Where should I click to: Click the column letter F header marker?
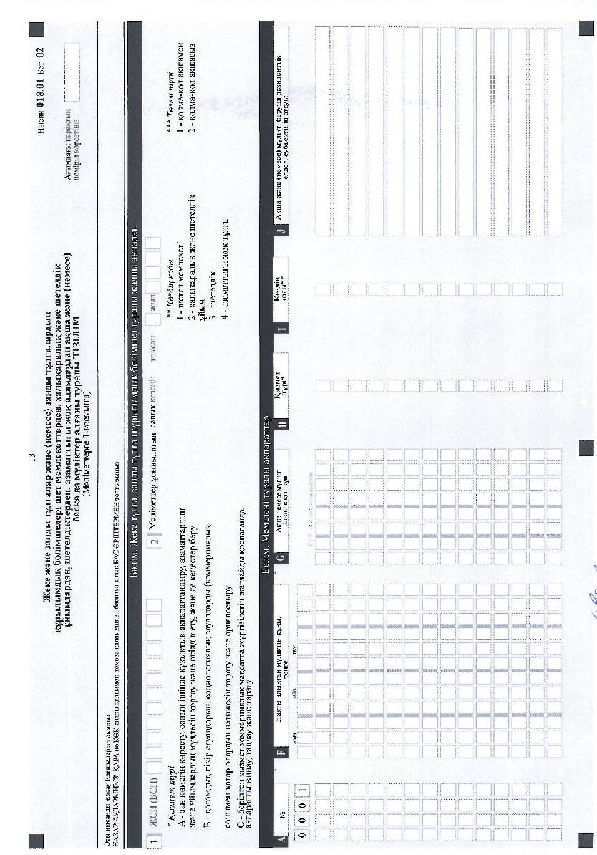(283, 751)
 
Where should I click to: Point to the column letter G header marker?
(283, 556)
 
